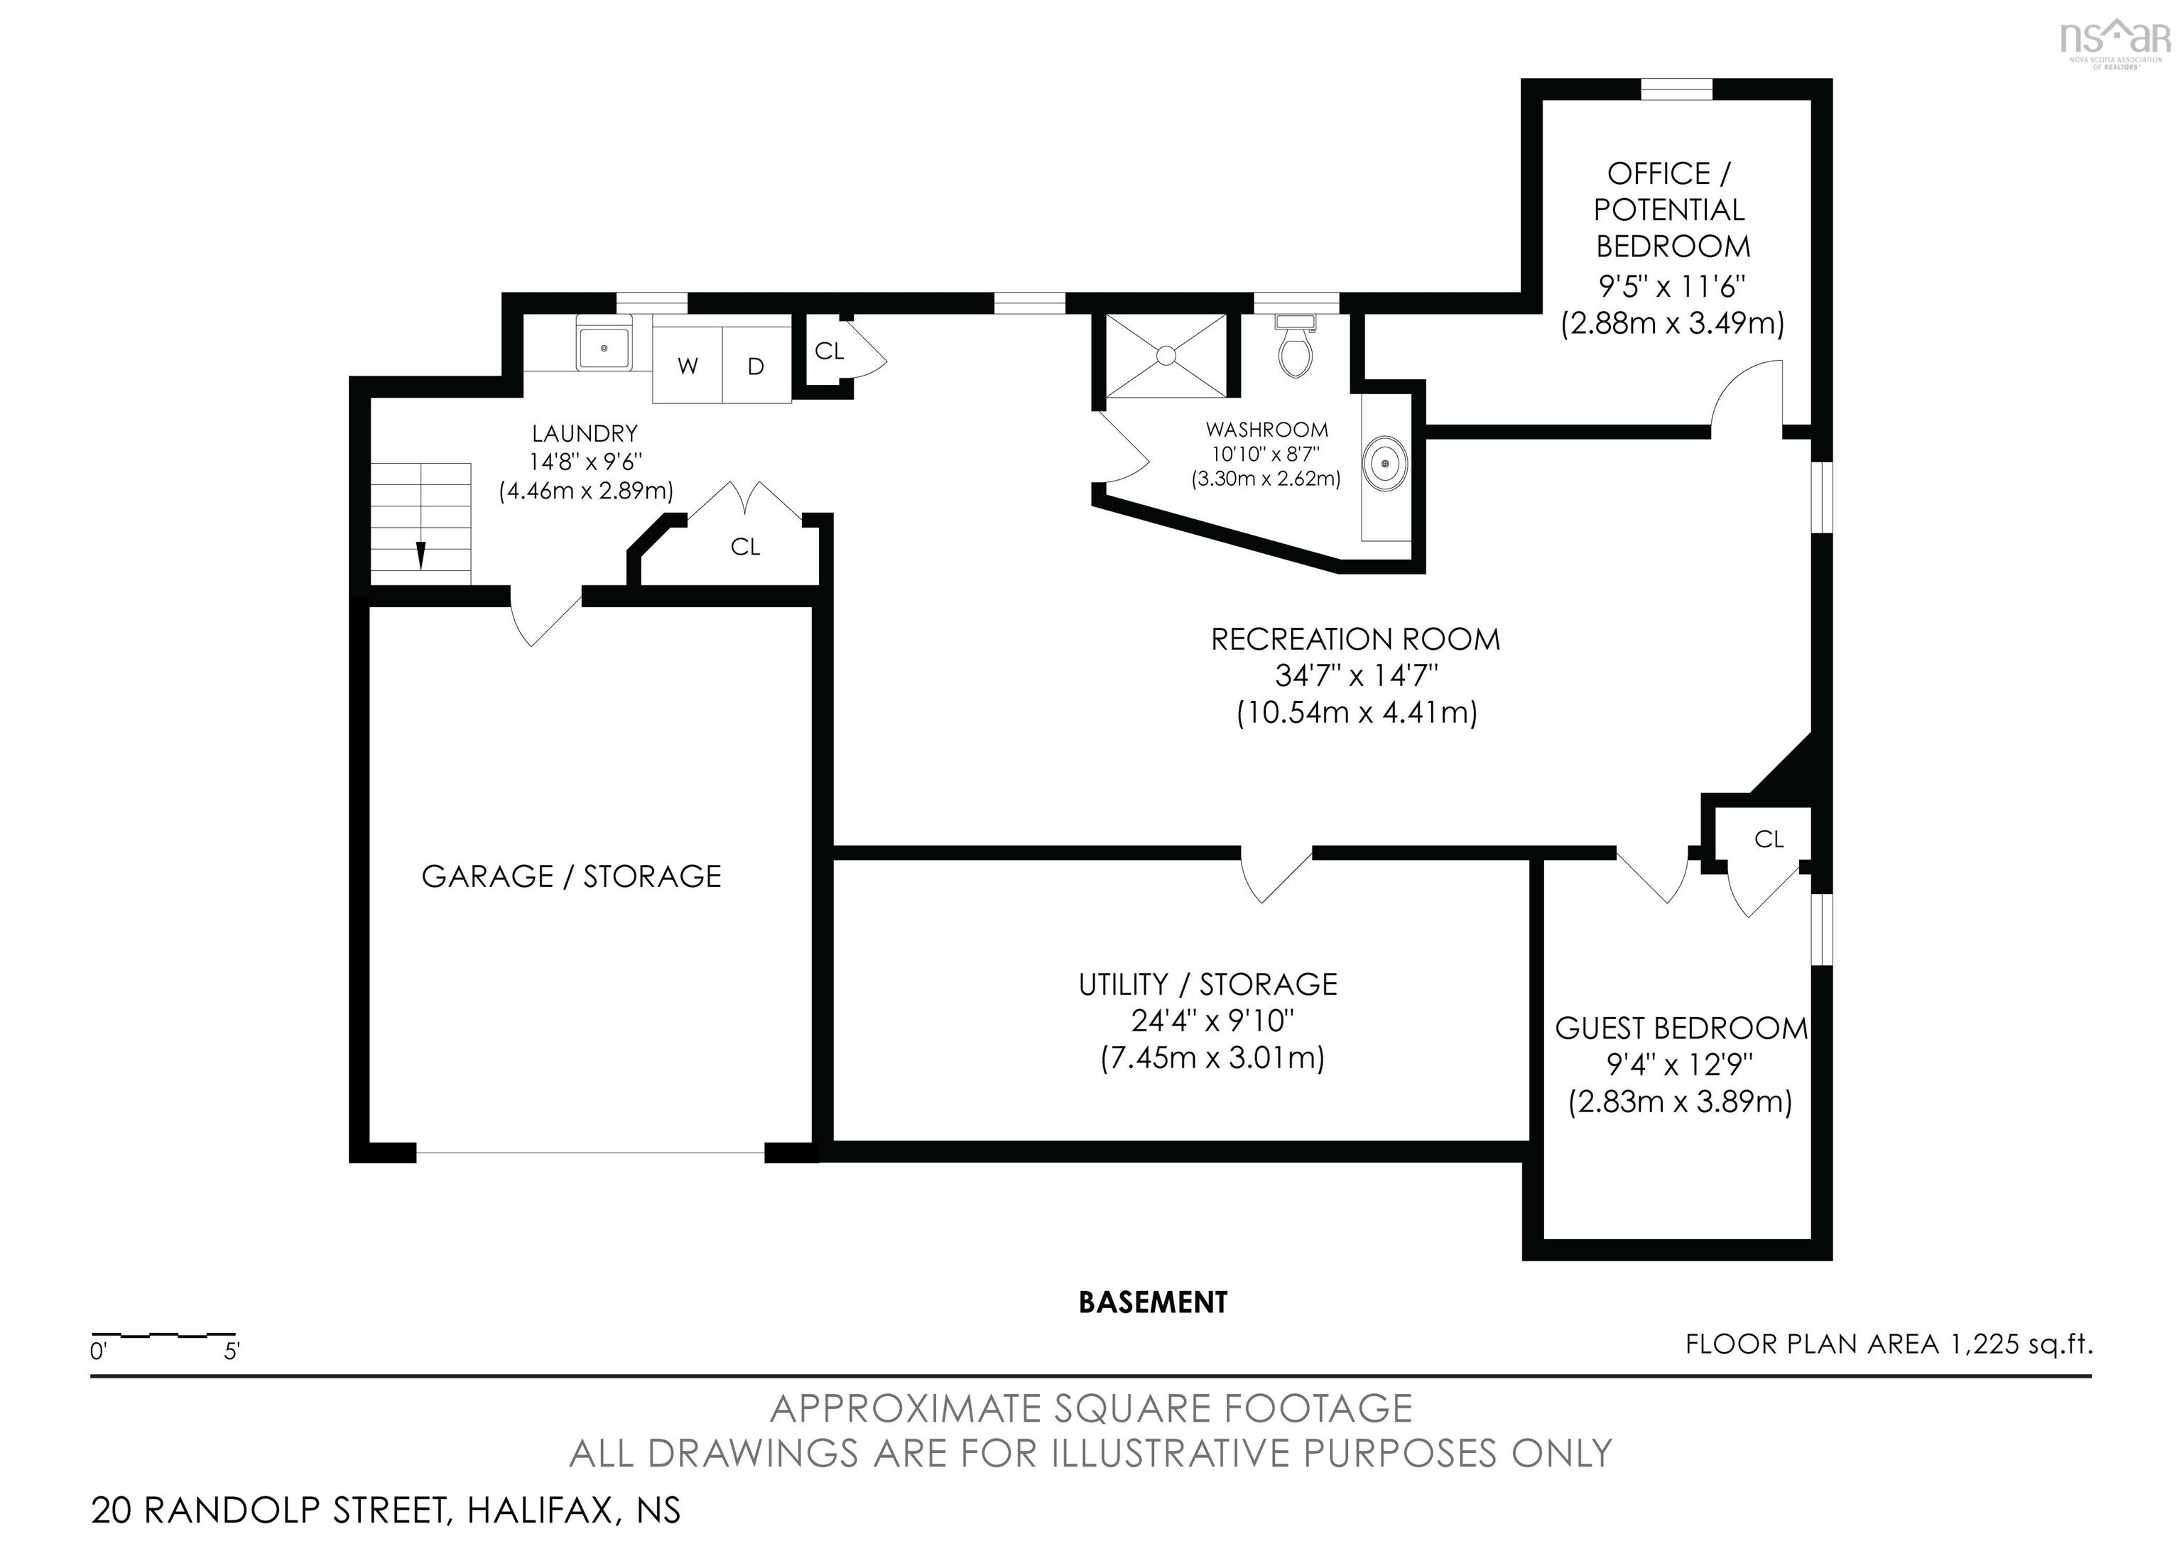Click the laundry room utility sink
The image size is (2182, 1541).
coord(604,348)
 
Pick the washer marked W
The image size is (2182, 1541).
coord(687,366)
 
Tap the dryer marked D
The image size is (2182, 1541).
coord(756,366)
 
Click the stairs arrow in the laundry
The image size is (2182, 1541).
coord(420,555)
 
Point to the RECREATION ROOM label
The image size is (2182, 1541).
coord(1355,639)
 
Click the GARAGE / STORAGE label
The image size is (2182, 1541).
coord(571,876)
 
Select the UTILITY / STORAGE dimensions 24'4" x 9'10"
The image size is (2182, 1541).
coord(1212,1020)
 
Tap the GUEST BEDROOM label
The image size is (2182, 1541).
coord(1681,1028)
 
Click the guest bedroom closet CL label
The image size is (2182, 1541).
coord(1769,839)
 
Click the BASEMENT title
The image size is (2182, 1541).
coord(1153,1302)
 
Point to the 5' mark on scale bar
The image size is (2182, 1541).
coord(232,1350)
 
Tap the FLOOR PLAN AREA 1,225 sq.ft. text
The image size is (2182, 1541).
coord(1889,1344)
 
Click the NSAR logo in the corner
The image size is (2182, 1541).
coord(2115,40)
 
